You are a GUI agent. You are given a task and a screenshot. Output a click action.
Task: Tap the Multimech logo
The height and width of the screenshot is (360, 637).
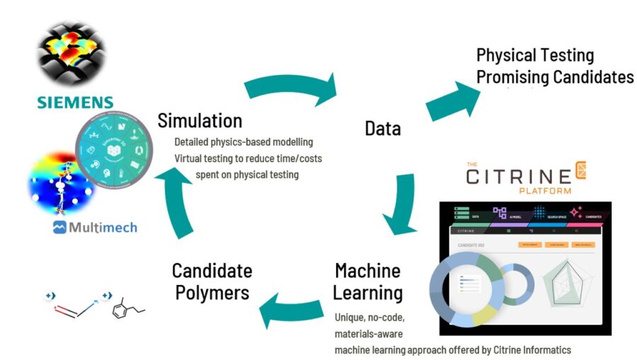pos(95,228)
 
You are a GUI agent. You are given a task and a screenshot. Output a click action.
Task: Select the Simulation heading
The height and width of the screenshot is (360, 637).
pos(200,120)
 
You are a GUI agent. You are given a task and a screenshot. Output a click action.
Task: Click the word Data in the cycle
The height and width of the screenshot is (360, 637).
pos(383,128)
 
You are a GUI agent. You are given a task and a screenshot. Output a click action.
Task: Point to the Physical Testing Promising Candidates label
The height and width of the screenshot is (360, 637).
pos(554,66)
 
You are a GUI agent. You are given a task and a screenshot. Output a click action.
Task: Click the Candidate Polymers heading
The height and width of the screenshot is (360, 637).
pos(212,281)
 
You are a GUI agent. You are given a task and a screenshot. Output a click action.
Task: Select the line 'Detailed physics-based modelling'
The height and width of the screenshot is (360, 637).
pos(243,142)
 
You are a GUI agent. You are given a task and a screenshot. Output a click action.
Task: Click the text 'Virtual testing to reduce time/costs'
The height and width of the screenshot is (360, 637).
pos(248,158)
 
